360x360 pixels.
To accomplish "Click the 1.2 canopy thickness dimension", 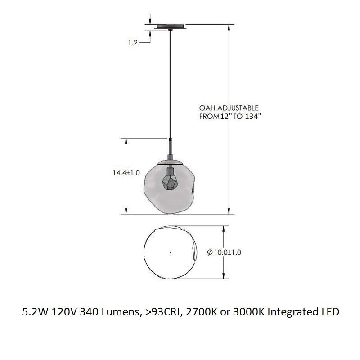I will (132, 44).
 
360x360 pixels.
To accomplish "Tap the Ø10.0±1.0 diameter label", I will (224, 252).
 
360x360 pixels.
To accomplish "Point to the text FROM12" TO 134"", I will (230, 116).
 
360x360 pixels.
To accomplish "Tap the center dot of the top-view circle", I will (170, 252).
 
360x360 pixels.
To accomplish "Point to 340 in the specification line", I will (88, 311).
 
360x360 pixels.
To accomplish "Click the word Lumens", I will (118, 311).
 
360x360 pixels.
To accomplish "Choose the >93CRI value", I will (159, 311).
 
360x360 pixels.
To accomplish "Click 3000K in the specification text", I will (245, 311).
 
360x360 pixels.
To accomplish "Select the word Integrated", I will (291, 311).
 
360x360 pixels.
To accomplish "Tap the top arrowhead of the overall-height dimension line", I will (230, 26).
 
